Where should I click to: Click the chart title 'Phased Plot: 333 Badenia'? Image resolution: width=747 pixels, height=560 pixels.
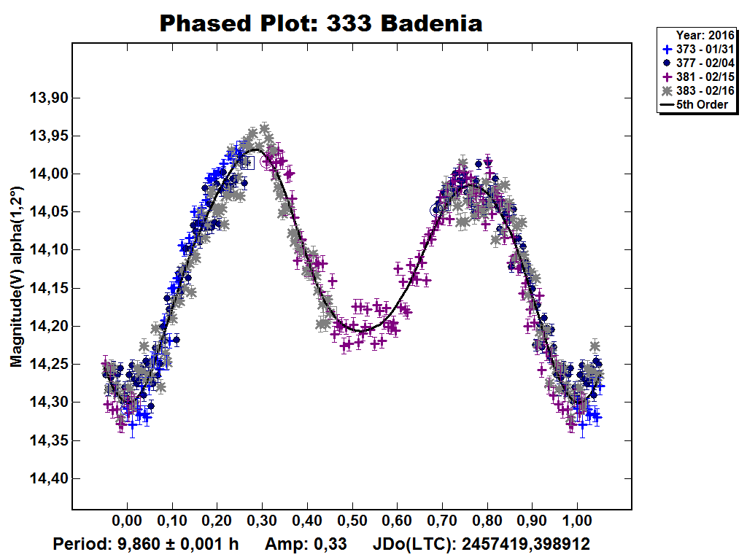coord(321,23)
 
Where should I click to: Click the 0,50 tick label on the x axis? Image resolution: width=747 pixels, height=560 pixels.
coord(352,523)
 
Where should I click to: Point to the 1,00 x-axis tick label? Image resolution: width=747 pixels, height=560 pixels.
coord(577,523)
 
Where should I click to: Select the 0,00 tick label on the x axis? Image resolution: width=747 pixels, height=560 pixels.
coord(127,523)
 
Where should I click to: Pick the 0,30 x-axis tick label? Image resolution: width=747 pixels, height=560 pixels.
coord(262,523)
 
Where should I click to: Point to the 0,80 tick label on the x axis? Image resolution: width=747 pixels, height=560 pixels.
coord(487,523)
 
